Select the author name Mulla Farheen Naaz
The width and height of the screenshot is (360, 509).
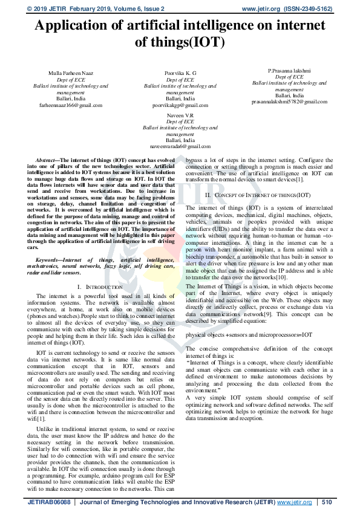point(70,73)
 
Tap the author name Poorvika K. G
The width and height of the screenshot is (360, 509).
point(180,73)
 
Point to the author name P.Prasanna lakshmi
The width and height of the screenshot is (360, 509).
point(289,71)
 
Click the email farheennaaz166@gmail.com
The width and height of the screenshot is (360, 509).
point(70,105)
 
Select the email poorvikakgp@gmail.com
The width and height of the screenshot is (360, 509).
point(180,105)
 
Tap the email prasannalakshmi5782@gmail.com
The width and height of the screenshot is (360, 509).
point(289,102)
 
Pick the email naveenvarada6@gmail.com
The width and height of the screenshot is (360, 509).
point(180,146)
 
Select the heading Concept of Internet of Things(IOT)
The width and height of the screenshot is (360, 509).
point(258,195)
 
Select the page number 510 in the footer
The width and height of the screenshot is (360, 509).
point(327,502)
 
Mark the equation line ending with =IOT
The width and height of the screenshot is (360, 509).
point(249,334)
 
